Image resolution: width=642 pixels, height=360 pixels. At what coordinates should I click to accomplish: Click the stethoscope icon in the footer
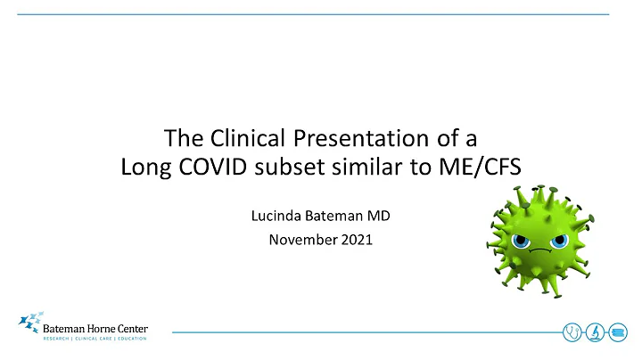(x=571, y=331)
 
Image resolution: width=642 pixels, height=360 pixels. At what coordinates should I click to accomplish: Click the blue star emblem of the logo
(x=30, y=323)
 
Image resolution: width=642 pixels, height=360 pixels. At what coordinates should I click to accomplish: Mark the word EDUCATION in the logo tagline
(x=130, y=339)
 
